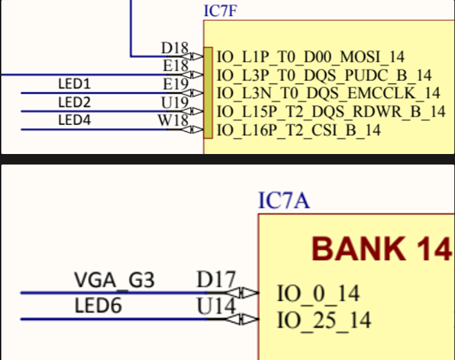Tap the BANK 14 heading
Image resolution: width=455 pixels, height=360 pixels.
(381, 249)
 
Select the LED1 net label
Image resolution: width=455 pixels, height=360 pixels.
(74, 84)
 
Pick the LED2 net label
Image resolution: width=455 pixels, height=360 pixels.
(74, 102)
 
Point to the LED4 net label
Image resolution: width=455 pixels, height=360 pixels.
(74, 120)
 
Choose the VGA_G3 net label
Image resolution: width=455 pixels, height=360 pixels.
(114, 281)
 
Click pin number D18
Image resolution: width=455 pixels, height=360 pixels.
(174, 48)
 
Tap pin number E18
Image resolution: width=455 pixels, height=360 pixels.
(174, 66)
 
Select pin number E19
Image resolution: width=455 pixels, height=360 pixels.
(175, 84)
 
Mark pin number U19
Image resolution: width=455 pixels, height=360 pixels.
(174, 103)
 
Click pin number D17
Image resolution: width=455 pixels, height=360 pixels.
(216, 280)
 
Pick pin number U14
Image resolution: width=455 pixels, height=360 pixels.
(216, 306)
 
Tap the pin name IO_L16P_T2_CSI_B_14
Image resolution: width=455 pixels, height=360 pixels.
(299, 130)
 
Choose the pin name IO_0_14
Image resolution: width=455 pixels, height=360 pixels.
(318, 294)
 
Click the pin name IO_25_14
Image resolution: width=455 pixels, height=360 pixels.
(323, 320)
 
